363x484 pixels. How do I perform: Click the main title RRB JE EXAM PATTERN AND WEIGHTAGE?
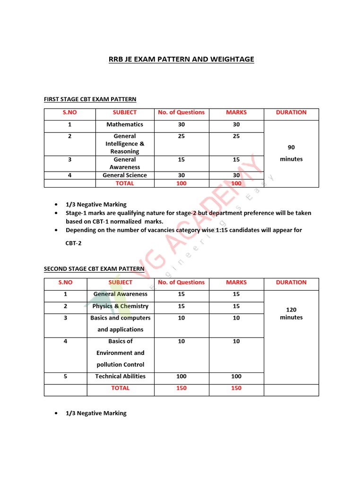click(181, 59)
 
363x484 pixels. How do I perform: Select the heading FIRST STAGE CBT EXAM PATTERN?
click(90, 99)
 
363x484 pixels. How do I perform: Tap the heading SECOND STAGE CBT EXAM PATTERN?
click(94, 269)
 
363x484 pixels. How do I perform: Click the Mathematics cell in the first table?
click(125, 124)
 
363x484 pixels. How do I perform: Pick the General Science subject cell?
click(125, 175)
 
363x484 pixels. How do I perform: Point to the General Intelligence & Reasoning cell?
click(125, 144)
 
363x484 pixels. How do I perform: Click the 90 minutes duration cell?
click(291, 153)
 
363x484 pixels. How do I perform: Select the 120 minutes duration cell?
click(291, 313)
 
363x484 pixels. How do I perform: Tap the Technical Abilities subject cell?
click(121, 376)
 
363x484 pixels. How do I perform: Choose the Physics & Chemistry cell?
click(121, 306)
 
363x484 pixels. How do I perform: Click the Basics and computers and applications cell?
click(121, 324)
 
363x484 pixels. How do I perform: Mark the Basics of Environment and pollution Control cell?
click(121, 353)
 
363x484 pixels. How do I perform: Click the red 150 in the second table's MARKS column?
click(236, 388)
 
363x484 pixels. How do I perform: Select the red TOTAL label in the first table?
click(125, 183)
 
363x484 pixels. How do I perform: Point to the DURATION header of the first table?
click(291, 112)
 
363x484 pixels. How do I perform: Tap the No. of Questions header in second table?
click(181, 282)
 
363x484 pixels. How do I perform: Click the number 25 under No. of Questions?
click(181, 136)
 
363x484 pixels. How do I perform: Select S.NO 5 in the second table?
click(65, 376)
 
